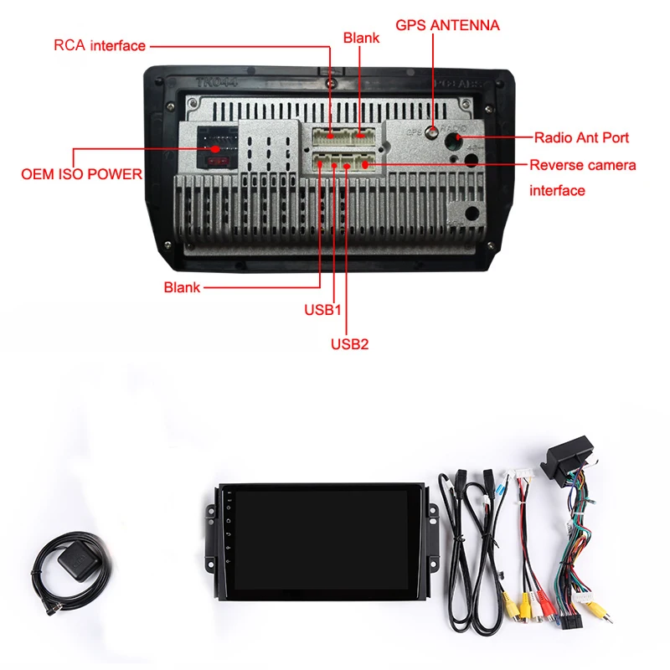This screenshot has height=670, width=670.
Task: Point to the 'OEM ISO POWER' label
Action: click(x=81, y=175)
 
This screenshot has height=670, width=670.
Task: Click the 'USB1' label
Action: click(x=322, y=309)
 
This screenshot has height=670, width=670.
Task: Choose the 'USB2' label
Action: click(x=349, y=343)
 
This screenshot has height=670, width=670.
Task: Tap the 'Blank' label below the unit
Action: click(x=182, y=287)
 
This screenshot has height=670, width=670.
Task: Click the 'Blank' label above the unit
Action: click(x=361, y=38)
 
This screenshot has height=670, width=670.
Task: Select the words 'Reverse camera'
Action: click(x=582, y=165)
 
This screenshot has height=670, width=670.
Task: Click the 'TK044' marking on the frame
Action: click(x=212, y=83)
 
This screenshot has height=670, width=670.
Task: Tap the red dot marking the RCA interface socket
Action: click(x=332, y=134)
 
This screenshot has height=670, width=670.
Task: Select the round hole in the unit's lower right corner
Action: click(x=472, y=214)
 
